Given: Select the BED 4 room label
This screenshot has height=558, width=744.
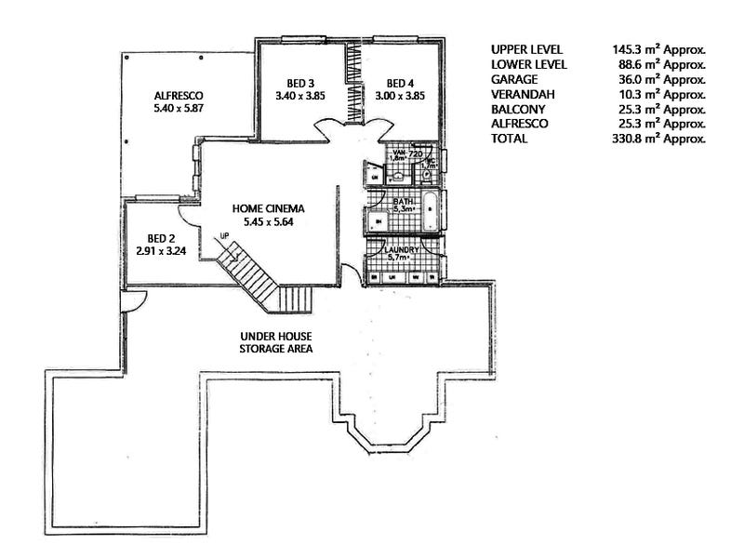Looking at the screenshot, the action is (x=401, y=81).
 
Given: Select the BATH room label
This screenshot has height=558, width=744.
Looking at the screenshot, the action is (x=404, y=200).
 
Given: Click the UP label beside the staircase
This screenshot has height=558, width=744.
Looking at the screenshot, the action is (x=224, y=235).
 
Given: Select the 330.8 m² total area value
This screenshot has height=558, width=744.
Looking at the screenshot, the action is (x=653, y=139).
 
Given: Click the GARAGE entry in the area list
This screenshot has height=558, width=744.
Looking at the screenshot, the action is (x=513, y=79).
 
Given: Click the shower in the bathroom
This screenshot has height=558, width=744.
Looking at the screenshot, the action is (x=379, y=220).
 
